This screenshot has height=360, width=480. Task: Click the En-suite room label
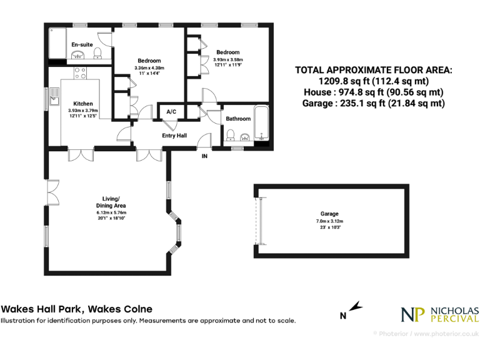(82, 44)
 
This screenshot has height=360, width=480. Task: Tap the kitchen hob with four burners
(81, 73)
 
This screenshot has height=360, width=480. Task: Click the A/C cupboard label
(171, 112)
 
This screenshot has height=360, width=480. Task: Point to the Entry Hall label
(174, 136)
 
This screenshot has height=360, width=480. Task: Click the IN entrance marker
(204, 156)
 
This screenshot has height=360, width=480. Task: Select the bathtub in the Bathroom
(262, 127)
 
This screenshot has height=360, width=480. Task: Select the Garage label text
(329, 214)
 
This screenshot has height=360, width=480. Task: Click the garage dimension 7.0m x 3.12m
(329, 221)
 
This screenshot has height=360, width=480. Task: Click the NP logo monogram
(412, 314)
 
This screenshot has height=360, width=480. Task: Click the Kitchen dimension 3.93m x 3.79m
(83, 111)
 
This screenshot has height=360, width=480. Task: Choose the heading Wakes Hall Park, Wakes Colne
(76, 309)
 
